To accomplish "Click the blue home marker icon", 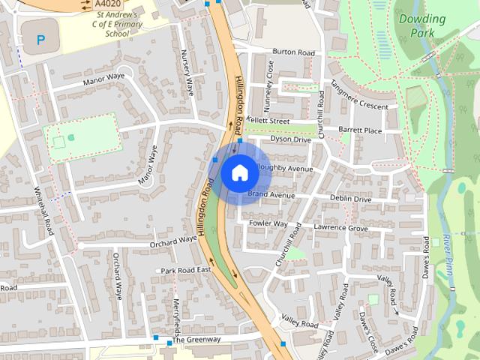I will click(239, 172).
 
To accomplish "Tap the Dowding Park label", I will click(423, 25).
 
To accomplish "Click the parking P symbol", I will click(40, 39).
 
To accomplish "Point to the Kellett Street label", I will click(268, 120).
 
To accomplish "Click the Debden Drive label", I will click(351, 199).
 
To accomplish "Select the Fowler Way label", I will click(268, 223).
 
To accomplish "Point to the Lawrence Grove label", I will click(341, 227).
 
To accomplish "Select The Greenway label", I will click(196, 340).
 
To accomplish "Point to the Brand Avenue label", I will click(271, 195).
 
